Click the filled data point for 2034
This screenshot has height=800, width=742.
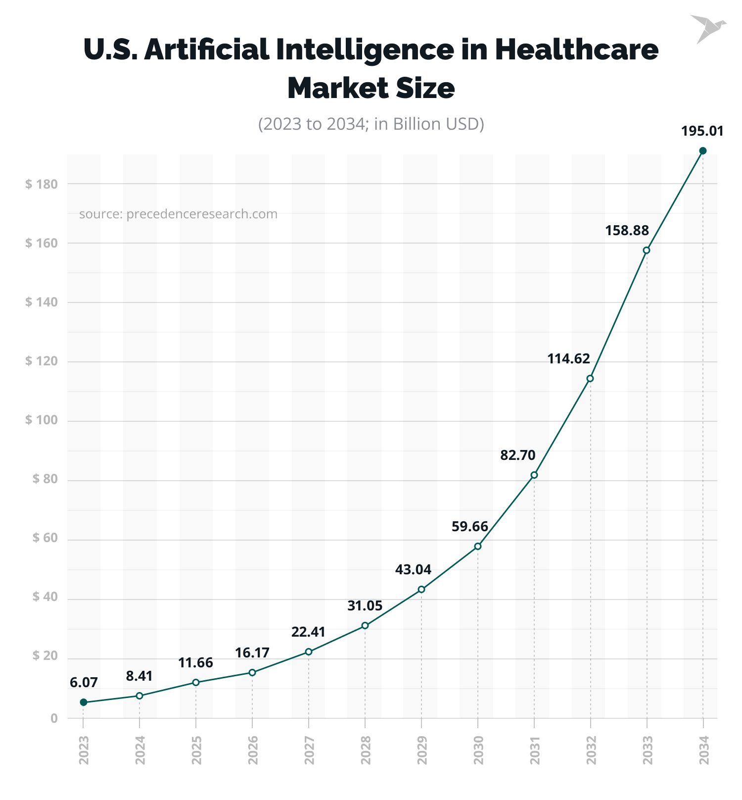pos(702,151)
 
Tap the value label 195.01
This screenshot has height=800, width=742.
pos(702,132)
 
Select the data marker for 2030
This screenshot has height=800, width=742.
pos(478,547)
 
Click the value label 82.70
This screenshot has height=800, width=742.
pos(517,455)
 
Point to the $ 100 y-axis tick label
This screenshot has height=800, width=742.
pos(42,421)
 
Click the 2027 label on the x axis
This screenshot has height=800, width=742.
pos(309,750)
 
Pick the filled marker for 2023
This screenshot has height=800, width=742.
pos(84,702)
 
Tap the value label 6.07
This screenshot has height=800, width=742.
pos(84,683)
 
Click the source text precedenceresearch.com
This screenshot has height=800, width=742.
pos(178,214)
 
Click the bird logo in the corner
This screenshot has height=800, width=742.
pos(707,29)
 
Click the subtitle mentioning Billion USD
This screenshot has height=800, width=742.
pos(371,124)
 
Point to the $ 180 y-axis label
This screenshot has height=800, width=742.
pos(42,184)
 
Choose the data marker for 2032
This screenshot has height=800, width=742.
pos(590,379)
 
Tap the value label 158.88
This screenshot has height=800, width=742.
pos(627,231)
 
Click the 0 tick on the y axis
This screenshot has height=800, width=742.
pos(54,718)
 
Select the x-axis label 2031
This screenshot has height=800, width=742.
pos(535,750)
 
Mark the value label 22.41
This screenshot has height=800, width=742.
pos(308,633)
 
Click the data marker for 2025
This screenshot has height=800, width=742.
pos(196,683)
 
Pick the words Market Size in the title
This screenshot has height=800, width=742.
pos(371,88)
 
